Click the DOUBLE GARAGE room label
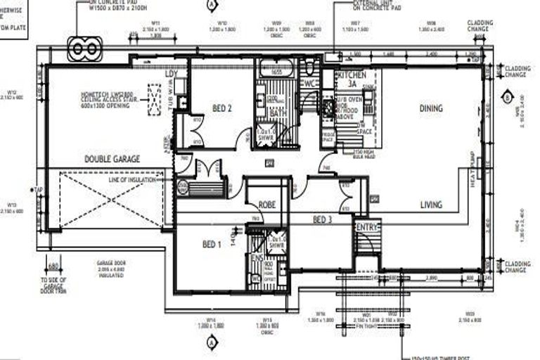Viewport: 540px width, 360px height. point(112,159)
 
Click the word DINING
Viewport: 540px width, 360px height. point(431,108)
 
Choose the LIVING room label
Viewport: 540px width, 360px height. point(431,205)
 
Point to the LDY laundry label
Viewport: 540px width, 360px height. point(171,74)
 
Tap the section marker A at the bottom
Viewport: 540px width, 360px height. point(210,342)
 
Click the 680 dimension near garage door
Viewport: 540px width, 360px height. point(51,266)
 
